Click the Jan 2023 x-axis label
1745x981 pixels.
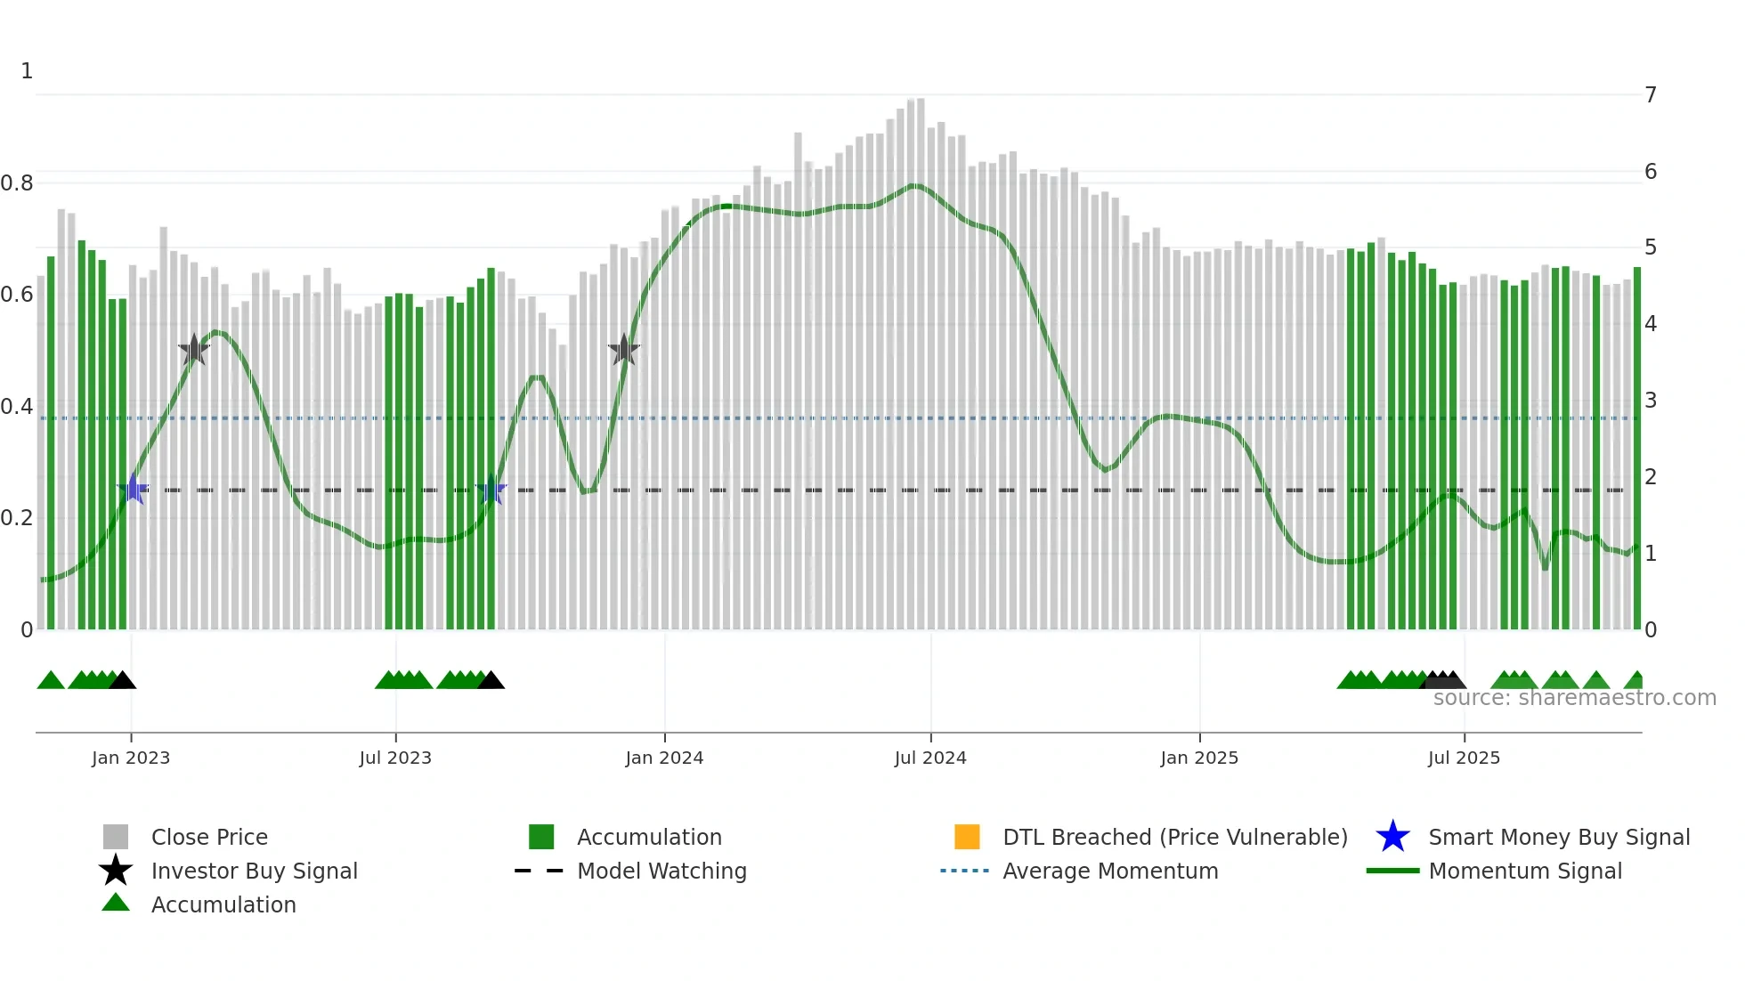(131, 758)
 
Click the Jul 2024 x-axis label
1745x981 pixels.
(930, 758)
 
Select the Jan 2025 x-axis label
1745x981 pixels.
(1199, 758)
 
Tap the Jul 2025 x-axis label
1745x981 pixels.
(1464, 758)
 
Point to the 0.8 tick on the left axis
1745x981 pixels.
(17, 183)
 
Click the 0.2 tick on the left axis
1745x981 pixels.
(17, 518)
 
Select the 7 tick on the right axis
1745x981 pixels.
(1651, 95)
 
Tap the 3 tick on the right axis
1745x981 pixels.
(1651, 401)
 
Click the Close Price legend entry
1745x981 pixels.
(209, 837)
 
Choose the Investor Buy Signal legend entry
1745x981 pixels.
(254, 871)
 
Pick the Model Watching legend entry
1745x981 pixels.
(661, 871)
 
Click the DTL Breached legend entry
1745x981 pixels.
(1174, 837)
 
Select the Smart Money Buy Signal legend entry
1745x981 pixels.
(1559, 837)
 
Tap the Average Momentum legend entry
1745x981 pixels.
(1110, 871)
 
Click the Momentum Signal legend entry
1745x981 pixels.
(1525, 871)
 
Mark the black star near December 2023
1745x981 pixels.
(624, 351)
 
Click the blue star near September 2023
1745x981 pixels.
(491, 490)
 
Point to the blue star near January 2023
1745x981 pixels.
(134, 489)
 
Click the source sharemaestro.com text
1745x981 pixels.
(1574, 698)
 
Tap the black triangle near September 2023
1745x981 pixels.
(491, 681)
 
